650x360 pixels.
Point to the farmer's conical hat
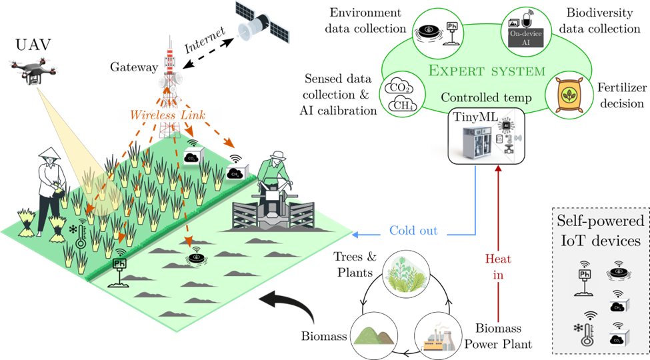pyautogui.click(x=48, y=155)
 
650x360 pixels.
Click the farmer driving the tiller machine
pyautogui.click(x=274, y=175)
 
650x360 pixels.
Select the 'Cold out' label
pyautogui.click(x=413, y=231)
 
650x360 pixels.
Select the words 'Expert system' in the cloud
pyautogui.click(x=487, y=70)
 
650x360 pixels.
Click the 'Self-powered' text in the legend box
pyautogui.click(x=601, y=221)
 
